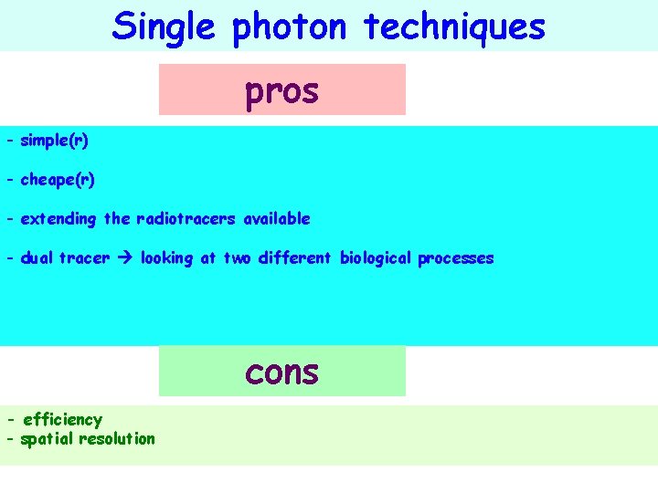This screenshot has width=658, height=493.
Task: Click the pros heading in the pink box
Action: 281,90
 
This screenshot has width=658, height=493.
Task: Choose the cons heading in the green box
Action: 281,372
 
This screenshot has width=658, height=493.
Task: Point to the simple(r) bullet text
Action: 54,142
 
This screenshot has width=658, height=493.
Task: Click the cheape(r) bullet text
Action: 57,180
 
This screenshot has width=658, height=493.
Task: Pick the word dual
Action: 37,258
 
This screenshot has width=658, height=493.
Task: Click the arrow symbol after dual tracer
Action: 123,258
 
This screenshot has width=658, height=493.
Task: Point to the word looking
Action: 166,258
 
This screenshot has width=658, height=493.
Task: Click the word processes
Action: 455,258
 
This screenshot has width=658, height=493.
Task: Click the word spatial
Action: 47,439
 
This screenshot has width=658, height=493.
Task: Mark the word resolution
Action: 117,439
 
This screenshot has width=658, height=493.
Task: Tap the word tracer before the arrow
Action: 83,258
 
